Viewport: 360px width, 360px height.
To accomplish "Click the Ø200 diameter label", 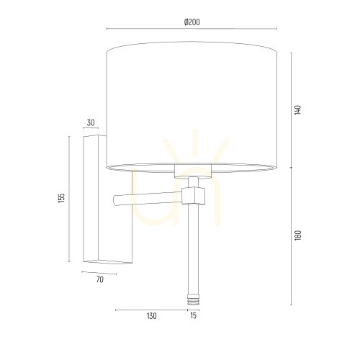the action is click(x=192, y=22).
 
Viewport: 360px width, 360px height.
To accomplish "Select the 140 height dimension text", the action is click(x=297, y=109).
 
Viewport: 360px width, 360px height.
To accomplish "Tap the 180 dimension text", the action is click(x=297, y=235).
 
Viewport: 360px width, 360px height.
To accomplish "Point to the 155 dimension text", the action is click(x=61, y=198).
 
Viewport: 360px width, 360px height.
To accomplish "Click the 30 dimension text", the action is click(x=91, y=123).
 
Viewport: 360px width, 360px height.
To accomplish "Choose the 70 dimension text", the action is click(x=100, y=279).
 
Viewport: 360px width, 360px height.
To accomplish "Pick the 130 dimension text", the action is click(x=152, y=316).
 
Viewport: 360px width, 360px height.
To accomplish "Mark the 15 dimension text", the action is click(x=193, y=315).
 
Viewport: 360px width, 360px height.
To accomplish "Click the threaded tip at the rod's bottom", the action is click(x=193, y=300).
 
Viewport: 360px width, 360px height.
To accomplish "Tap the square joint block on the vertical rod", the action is click(x=194, y=196).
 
